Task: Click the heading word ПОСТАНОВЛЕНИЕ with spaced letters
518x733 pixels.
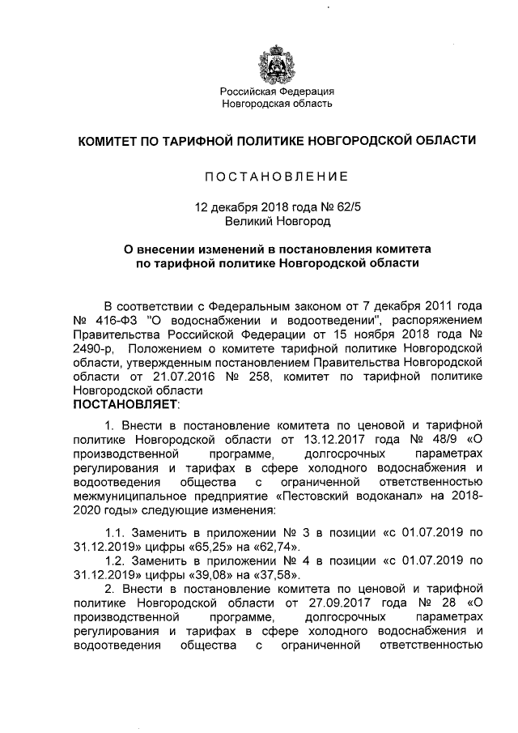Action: (x=275, y=177)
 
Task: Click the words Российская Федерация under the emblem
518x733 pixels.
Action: (x=278, y=91)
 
